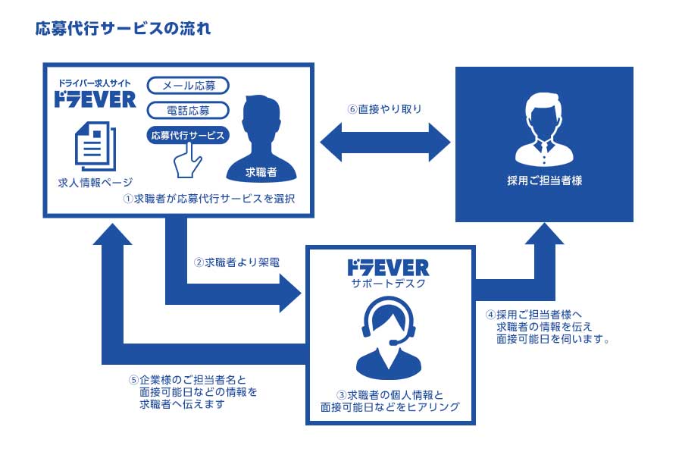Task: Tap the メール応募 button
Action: click(x=187, y=86)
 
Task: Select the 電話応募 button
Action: click(x=187, y=111)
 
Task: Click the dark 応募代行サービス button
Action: click(x=187, y=136)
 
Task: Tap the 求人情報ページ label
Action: click(x=95, y=182)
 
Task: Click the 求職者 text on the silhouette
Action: click(x=261, y=172)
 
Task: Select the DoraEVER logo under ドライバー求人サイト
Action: click(x=95, y=99)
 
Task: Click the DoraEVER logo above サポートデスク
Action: click(x=387, y=267)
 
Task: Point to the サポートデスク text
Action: click(x=387, y=284)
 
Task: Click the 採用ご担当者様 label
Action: click(x=544, y=181)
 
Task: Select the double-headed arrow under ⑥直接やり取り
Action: click(x=385, y=140)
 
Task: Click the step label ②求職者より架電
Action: click(x=236, y=262)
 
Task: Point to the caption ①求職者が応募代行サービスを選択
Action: click(x=208, y=199)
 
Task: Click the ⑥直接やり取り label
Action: click(x=384, y=108)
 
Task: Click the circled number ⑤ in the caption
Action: click(x=133, y=379)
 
